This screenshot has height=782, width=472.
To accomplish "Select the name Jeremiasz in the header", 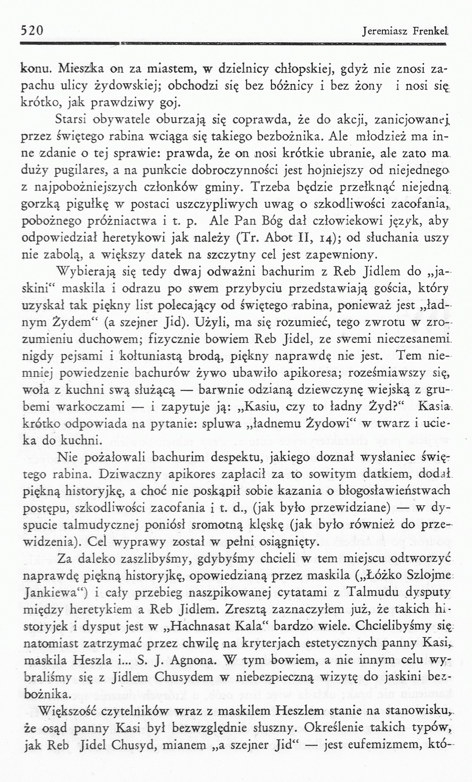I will tap(380, 32).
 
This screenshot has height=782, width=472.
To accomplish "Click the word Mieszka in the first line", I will tap(77, 68).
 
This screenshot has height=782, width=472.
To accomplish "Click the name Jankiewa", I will tap(52, 592).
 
